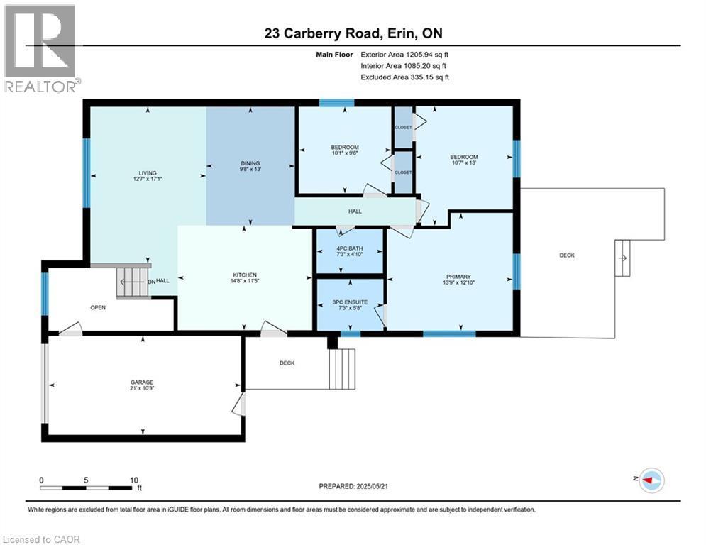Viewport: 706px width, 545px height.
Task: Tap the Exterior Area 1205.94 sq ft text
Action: [x=405, y=54]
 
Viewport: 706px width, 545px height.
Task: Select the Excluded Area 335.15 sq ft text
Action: [x=405, y=77]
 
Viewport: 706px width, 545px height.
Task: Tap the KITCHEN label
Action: [x=245, y=275]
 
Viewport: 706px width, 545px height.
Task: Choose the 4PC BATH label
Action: [x=350, y=250]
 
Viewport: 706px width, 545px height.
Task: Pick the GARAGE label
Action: [x=142, y=382]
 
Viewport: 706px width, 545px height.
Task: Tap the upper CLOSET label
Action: [x=403, y=128]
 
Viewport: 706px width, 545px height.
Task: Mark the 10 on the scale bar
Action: [x=133, y=480]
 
